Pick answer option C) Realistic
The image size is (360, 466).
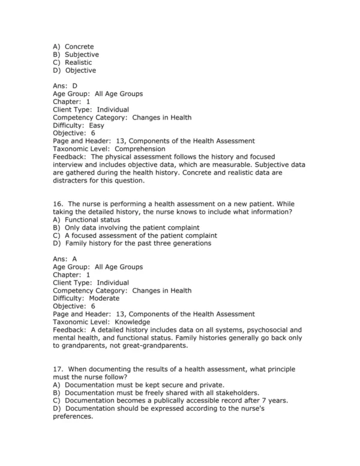point(74,62)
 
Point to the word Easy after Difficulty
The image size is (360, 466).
point(97,126)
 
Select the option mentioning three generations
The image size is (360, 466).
point(138,243)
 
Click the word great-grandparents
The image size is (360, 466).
point(172,345)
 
